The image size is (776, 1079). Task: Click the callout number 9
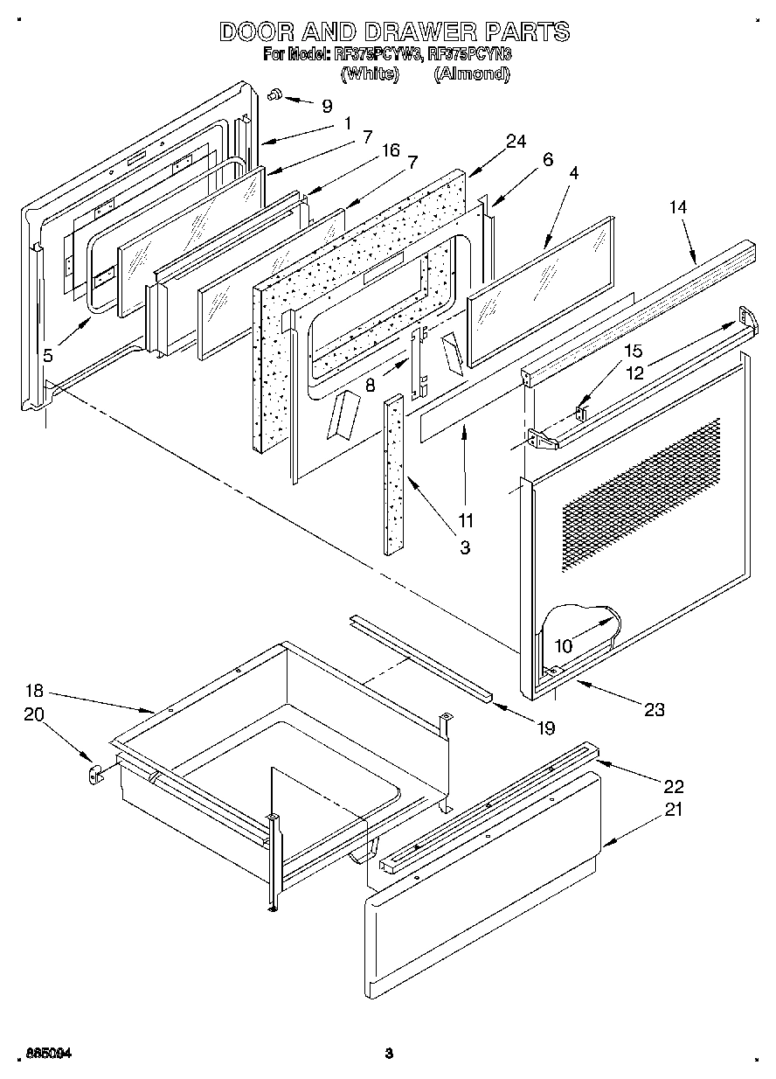pos(327,106)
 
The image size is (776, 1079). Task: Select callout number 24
pos(516,142)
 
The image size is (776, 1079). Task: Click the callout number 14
pos(678,207)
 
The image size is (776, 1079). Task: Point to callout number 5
pos(48,355)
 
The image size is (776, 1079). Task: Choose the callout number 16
pos(390,151)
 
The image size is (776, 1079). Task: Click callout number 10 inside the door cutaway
pos(564,646)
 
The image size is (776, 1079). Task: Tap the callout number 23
pos(653,710)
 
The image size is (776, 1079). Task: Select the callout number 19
pos(545,727)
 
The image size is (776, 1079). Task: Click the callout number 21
pos(672,810)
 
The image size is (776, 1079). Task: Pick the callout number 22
pos(673,785)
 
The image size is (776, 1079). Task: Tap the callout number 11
pos(466,521)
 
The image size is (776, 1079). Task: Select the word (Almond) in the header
pos(472,74)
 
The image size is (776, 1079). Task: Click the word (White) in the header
pos(370,74)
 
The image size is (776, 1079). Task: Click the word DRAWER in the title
pos(416,32)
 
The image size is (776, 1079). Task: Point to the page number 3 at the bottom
pos(389,1054)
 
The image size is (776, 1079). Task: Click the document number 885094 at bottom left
pos(48,1054)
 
